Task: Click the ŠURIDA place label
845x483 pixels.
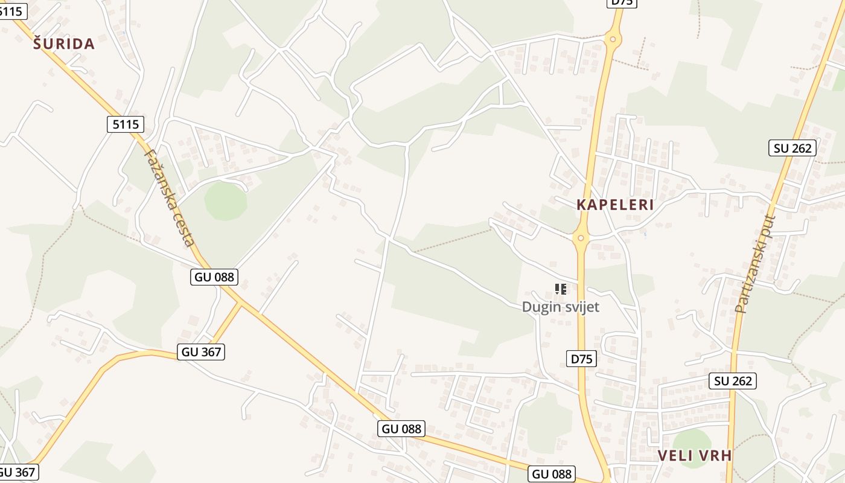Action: [64, 43]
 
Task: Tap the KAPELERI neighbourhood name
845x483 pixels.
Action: [615, 205]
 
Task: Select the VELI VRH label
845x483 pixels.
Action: [694, 455]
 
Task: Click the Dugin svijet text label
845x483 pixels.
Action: [560, 307]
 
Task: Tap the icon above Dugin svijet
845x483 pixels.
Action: [560, 289]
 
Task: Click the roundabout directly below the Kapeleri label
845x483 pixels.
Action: [581, 238]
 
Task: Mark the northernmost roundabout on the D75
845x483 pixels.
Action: [613, 40]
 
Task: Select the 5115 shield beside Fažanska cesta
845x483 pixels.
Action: [126, 124]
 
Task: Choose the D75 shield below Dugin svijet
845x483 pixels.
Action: [582, 359]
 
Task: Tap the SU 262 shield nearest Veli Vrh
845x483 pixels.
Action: [733, 381]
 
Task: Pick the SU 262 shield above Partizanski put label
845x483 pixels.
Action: [792, 148]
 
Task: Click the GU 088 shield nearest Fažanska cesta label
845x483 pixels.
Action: [215, 277]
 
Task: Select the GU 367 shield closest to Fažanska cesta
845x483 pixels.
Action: [202, 352]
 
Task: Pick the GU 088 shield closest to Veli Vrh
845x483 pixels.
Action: [552, 474]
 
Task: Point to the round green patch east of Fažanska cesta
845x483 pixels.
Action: [226, 201]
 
